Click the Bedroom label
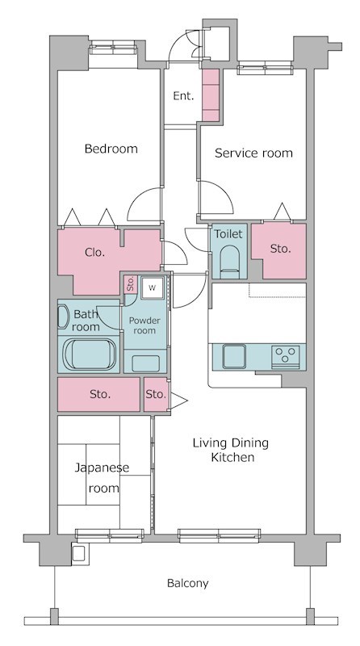pyautogui.click(x=111, y=149)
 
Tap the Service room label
pyautogui.click(x=253, y=153)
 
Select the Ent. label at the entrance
pyautogui.click(x=183, y=96)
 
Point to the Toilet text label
pyautogui.click(x=228, y=234)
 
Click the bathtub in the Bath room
pyautogui.click(x=90, y=354)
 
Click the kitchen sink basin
pyautogui.click(x=234, y=354)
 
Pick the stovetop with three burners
pyautogui.click(x=286, y=354)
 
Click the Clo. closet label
pyautogui.click(x=94, y=251)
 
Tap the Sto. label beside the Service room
pyautogui.click(x=279, y=249)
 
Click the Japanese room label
pyautogui.click(x=97, y=478)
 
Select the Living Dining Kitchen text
pyautogui.click(x=230, y=450)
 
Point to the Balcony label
pyautogui.click(x=187, y=583)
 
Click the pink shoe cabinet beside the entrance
pyautogui.click(x=211, y=94)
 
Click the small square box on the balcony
pyautogui.click(x=78, y=554)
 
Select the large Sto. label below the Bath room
pyautogui.click(x=99, y=395)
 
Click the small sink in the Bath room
pyautogui.click(x=63, y=317)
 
